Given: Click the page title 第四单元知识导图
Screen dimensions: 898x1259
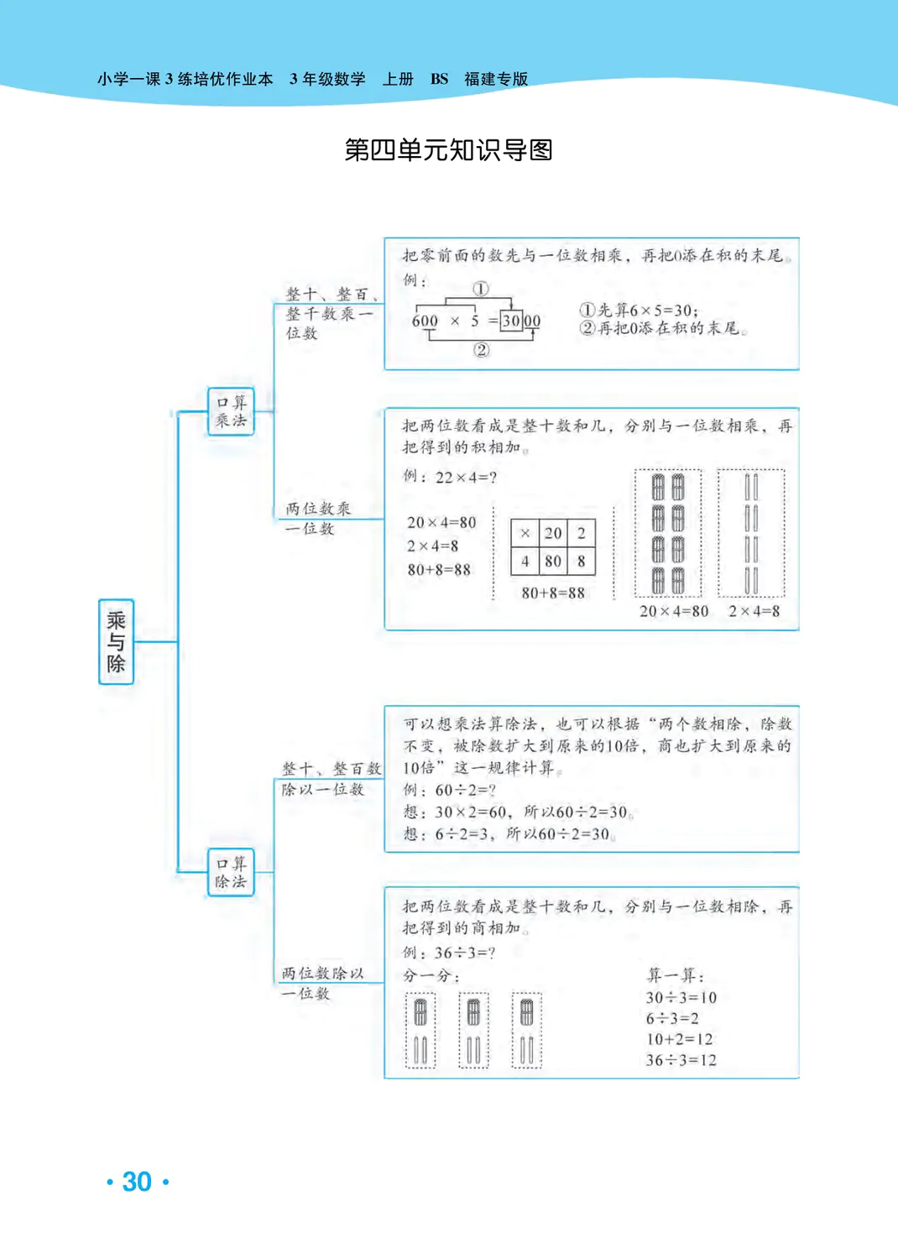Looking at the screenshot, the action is (x=448, y=150).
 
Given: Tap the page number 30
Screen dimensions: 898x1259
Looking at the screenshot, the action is (x=137, y=1182).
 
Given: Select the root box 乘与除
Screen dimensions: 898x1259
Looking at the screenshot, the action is (x=116, y=642).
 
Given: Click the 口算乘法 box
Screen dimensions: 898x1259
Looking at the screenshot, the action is (x=231, y=411).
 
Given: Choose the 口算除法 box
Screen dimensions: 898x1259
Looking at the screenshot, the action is (x=231, y=872).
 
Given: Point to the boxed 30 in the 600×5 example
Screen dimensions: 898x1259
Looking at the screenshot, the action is (x=511, y=321).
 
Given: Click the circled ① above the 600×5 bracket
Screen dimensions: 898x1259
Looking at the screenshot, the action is (x=480, y=289).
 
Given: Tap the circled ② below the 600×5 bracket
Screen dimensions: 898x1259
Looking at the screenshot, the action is (x=481, y=350).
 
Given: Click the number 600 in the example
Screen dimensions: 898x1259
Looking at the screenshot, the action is (x=425, y=321).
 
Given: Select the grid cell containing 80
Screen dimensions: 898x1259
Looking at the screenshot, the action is (x=553, y=561).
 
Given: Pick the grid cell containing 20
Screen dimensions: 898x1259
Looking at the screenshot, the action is (x=553, y=533).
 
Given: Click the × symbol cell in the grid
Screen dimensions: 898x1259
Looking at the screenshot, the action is (x=525, y=533).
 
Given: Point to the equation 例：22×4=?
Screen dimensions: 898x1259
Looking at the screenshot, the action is (x=450, y=478).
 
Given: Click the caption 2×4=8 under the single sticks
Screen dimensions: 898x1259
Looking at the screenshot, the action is (x=754, y=611).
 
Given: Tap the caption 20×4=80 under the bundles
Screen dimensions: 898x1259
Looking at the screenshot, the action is (x=674, y=611).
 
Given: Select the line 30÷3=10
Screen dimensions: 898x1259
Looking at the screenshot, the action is (x=681, y=998).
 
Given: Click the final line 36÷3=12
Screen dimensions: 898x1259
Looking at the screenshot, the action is (x=681, y=1060).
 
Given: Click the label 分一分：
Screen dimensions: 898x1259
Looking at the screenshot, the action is (x=431, y=975).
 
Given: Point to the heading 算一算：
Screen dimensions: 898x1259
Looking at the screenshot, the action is (x=676, y=975).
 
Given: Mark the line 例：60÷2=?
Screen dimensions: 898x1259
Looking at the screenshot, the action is (x=450, y=791).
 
